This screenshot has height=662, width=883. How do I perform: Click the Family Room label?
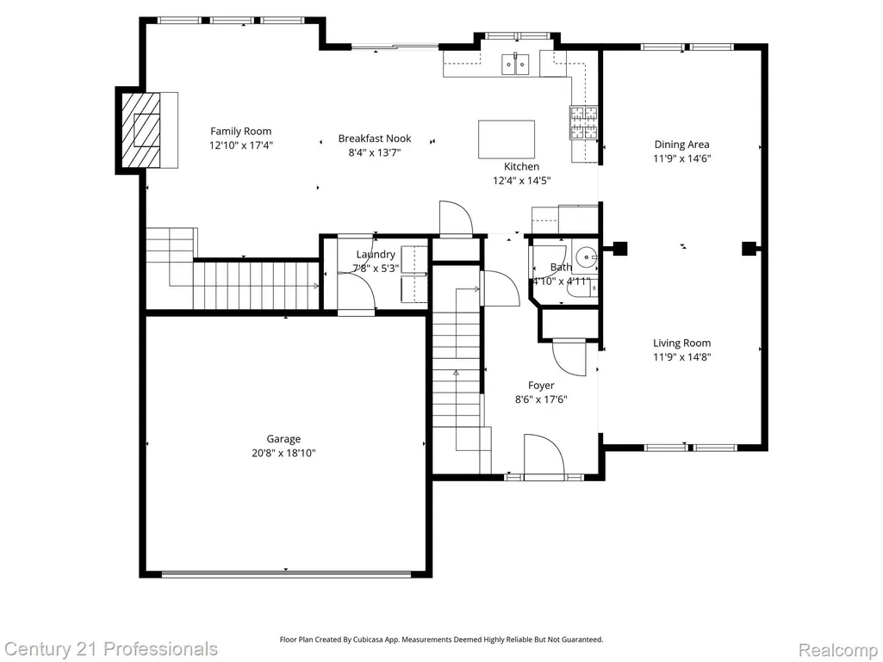[240, 131]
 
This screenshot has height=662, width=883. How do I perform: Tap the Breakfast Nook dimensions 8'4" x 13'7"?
[375, 152]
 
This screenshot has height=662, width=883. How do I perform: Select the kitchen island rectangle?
[507, 139]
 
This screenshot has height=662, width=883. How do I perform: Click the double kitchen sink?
[516, 64]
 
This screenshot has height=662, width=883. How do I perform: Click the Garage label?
[283, 439]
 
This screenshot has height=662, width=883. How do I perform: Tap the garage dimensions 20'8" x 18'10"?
[283, 453]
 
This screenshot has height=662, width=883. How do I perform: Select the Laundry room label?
[376, 255]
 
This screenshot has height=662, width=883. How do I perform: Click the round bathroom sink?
[588, 257]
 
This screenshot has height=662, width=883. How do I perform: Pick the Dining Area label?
[681, 145]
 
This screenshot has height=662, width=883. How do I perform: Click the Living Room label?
[681, 343]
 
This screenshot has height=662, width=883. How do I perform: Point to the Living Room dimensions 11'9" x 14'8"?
[682, 357]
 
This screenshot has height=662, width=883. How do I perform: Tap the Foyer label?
[541, 386]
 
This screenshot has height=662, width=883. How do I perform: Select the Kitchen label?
[521, 167]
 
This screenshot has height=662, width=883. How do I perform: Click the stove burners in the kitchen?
[583, 122]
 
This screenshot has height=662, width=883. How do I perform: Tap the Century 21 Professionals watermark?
[109, 649]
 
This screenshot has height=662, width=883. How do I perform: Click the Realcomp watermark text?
[836, 650]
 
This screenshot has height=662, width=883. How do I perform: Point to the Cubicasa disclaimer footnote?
[441, 640]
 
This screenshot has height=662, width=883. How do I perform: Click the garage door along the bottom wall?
[286, 574]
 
